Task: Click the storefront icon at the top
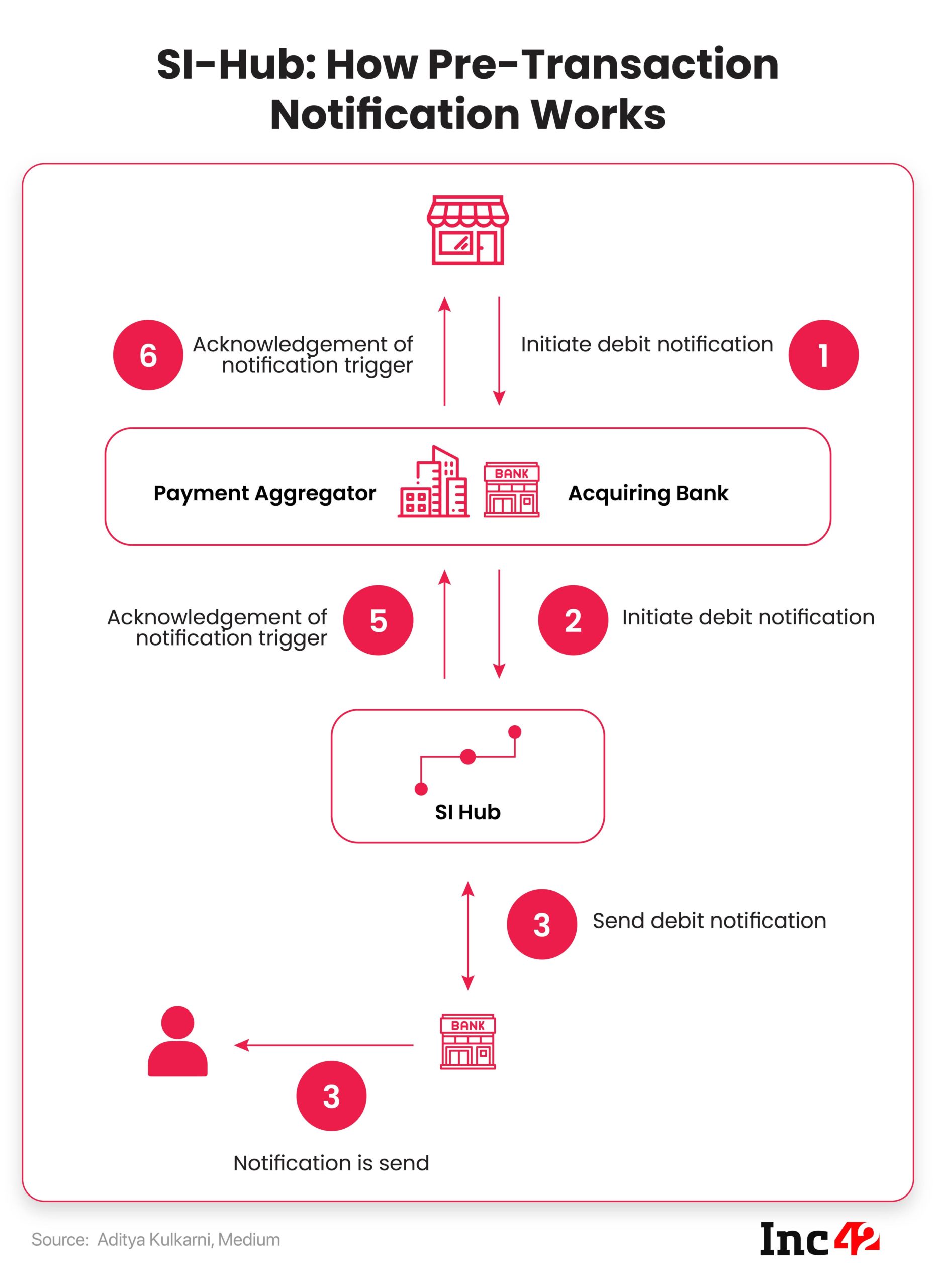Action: point(467,230)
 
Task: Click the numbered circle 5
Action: point(379,620)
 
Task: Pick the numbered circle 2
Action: point(573,620)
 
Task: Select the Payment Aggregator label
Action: point(264,493)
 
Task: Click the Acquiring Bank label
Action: point(648,493)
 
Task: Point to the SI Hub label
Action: point(468,812)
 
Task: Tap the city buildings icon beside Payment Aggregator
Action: point(433,481)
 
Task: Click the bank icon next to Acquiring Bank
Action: point(511,489)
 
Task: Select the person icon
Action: point(177,1041)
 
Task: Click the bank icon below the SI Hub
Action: point(468,1041)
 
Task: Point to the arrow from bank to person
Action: point(324,1045)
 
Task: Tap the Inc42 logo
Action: point(819,1239)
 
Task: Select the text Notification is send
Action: point(331,1163)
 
